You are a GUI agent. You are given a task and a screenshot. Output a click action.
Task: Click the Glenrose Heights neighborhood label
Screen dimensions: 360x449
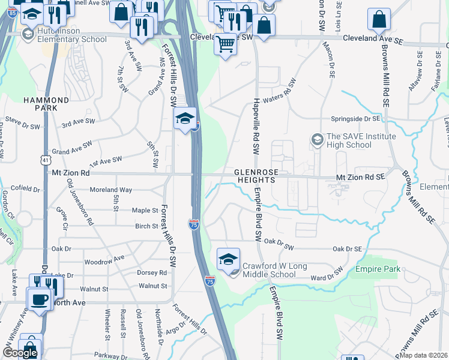tap(257, 176)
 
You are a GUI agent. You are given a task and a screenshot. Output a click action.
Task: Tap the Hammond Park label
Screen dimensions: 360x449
tap(46, 104)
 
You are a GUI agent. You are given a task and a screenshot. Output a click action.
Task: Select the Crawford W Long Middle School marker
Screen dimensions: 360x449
tap(228, 260)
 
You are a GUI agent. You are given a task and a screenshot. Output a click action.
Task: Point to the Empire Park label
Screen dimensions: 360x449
tap(378, 269)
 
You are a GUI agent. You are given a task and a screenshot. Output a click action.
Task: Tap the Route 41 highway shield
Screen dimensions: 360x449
tap(46, 160)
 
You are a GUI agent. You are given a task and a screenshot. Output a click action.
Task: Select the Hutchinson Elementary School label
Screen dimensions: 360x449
tap(65, 35)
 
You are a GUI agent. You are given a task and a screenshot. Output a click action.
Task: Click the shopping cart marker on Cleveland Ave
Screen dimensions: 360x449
tap(225, 43)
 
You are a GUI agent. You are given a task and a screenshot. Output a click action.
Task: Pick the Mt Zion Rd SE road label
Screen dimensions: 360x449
tap(360, 178)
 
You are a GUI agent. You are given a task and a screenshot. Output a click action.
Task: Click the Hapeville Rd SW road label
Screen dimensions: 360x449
tap(256, 125)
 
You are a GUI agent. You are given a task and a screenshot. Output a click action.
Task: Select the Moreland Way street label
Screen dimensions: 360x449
tap(110, 190)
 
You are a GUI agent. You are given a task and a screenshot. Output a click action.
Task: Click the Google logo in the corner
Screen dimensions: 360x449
tap(19, 353)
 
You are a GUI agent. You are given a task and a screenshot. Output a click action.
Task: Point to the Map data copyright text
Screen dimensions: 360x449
tap(423, 355)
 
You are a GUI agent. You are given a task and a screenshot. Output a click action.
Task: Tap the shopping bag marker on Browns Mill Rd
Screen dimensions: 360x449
tap(379, 20)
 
